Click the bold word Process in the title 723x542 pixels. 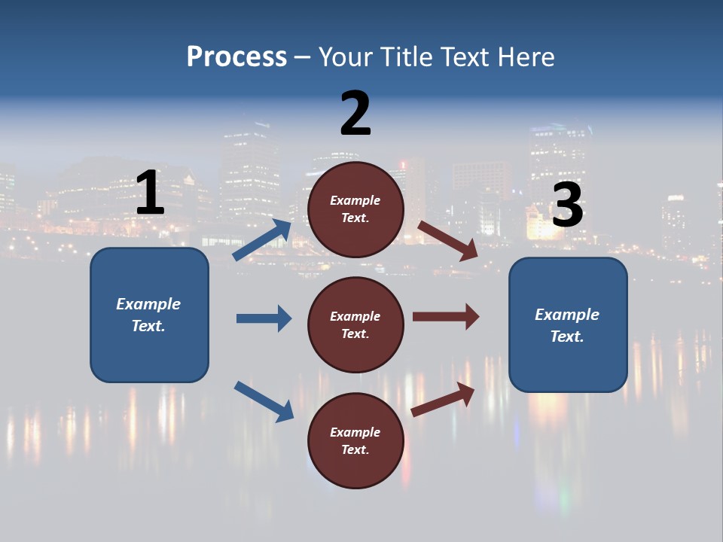tap(236, 56)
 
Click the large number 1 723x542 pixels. tap(150, 193)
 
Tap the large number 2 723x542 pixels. tap(355, 113)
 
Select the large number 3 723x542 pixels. tap(567, 206)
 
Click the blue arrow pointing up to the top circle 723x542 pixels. tap(262, 240)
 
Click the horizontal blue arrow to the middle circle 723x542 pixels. tap(264, 318)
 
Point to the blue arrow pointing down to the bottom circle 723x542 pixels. tap(264, 401)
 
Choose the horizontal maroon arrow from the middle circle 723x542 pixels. tap(446, 317)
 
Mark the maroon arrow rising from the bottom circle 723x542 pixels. tap(443, 399)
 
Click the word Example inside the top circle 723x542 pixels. tap(355, 200)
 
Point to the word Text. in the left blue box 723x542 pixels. tap(148, 326)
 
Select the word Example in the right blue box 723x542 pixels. tap(567, 315)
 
